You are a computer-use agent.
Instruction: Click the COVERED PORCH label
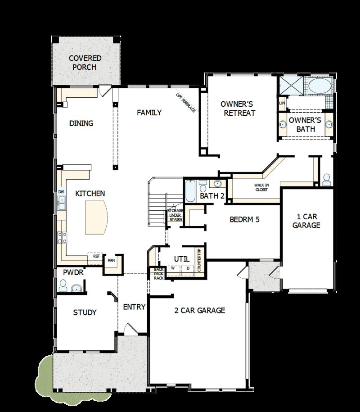(x=85, y=63)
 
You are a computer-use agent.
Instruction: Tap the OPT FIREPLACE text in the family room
(x=186, y=103)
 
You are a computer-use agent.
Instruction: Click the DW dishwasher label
(x=61, y=191)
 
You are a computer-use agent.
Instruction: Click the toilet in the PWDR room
(x=63, y=285)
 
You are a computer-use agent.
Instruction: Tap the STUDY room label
(x=85, y=312)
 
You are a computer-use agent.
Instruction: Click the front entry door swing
(x=130, y=330)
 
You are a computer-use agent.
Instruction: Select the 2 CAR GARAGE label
(x=200, y=310)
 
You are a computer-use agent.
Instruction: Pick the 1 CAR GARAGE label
(x=306, y=221)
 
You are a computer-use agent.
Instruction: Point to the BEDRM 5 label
(x=245, y=220)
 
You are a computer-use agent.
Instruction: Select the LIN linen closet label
(x=282, y=103)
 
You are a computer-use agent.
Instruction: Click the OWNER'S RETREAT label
(x=238, y=108)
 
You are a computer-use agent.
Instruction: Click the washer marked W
(x=172, y=268)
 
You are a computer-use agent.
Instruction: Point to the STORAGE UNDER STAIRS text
(x=175, y=215)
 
